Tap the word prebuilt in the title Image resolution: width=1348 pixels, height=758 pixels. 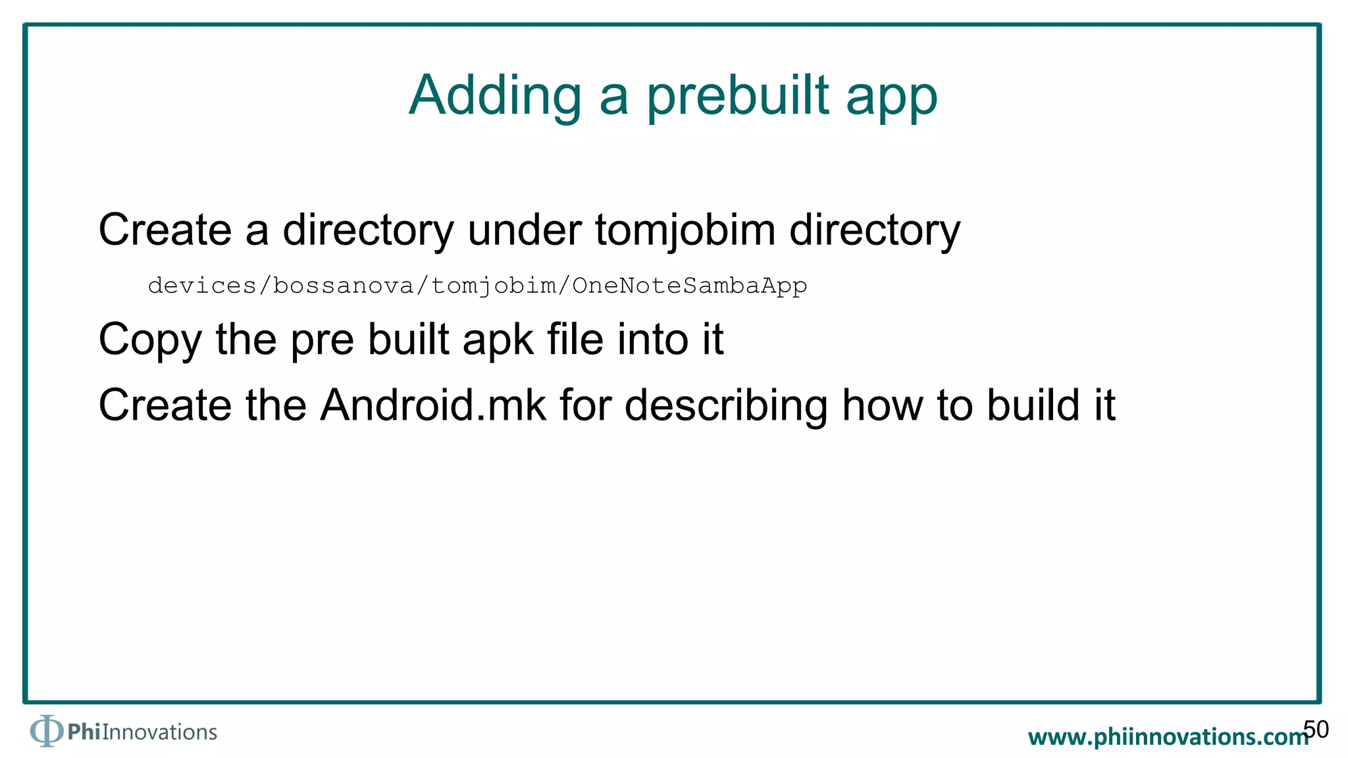pyautogui.click(x=737, y=96)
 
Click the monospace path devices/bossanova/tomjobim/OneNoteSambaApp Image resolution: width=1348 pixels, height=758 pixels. pyautogui.click(x=477, y=286)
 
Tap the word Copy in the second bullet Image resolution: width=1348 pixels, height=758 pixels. pyautogui.click(x=149, y=340)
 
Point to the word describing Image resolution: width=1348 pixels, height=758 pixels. pyautogui.click(x=726, y=406)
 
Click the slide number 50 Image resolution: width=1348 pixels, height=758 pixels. pyautogui.click(x=1316, y=729)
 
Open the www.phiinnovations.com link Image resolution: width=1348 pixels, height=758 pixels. pyautogui.click(x=1167, y=737)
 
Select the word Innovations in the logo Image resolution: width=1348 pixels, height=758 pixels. pyautogui.click(x=159, y=732)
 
